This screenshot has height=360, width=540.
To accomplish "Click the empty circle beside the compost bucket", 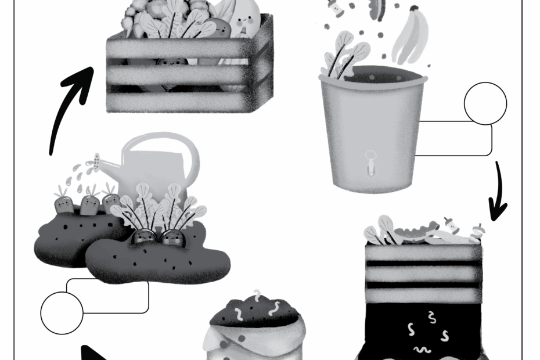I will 485,104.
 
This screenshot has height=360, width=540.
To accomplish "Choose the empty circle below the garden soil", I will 62,313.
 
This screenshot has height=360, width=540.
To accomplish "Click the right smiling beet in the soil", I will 172,237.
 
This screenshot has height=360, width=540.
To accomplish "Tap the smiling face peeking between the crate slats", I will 168,62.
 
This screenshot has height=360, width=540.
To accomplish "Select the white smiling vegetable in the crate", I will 244,20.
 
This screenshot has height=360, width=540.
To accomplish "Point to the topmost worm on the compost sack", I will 256,296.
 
